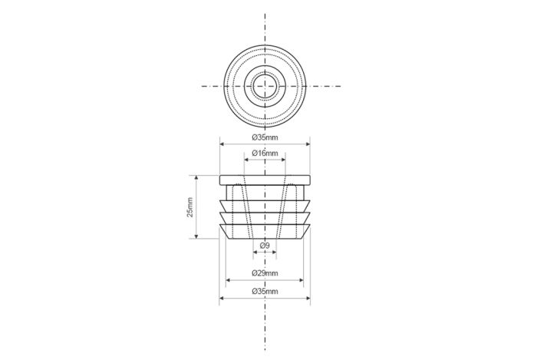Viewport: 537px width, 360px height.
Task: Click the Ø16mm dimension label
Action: pyautogui.click(x=265, y=153)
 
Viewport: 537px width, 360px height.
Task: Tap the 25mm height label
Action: pyautogui.click(x=189, y=207)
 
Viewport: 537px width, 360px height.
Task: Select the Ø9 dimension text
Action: pyautogui.click(x=265, y=246)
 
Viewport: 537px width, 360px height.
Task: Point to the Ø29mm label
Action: pyautogui.click(x=265, y=273)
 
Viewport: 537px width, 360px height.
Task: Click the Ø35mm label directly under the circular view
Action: pyautogui.click(x=265, y=137)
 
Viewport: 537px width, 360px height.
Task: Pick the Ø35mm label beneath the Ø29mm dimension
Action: pyautogui.click(x=265, y=292)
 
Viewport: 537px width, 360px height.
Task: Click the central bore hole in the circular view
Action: pyautogui.click(x=265, y=86)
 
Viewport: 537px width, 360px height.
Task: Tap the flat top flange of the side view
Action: pyautogui.click(x=265, y=180)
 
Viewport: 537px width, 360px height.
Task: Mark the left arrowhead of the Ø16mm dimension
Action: pyautogui.click(x=246, y=160)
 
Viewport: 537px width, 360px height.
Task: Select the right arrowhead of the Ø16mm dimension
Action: pyautogui.click(x=283, y=160)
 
